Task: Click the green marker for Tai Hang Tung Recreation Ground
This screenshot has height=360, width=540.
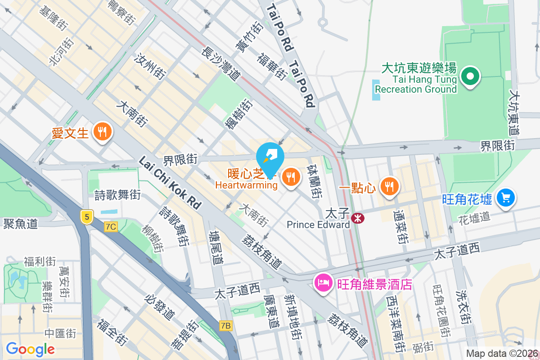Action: click(x=470, y=77)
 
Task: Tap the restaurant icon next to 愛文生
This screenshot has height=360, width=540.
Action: click(x=103, y=132)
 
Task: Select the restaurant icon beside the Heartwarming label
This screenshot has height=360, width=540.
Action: click(x=291, y=177)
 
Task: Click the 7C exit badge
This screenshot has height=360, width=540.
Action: click(x=111, y=227)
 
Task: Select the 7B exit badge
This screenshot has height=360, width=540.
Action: click(x=226, y=325)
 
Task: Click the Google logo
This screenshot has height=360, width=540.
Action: click(x=30, y=349)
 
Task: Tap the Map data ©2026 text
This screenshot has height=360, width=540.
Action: click(x=501, y=354)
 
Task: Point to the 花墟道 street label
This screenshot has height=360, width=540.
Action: click(x=474, y=217)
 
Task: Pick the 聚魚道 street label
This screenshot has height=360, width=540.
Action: click(x=20, y=224)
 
